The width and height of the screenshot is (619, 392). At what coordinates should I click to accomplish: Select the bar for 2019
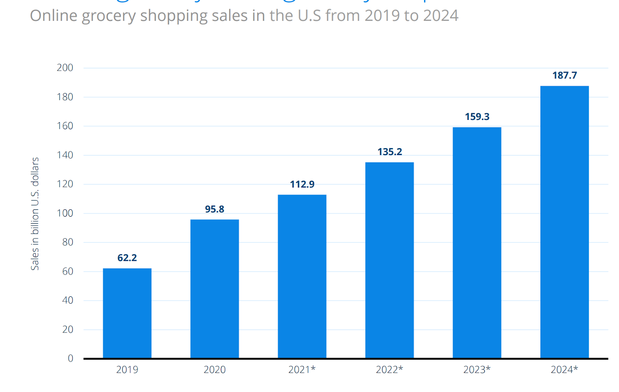[x=127, y=313]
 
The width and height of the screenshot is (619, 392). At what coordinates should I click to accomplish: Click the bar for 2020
[x=214, y=289]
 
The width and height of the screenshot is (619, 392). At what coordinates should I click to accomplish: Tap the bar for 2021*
[x=302, y=276]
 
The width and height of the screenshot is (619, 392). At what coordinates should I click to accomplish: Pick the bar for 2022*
[x=389, y=260]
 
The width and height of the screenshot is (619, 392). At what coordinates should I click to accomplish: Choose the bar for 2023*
[x=477, y=242]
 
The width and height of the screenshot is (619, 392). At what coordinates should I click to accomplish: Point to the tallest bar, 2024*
[x=564, y=222]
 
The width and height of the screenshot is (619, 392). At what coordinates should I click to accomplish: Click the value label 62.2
[x=127, y=258]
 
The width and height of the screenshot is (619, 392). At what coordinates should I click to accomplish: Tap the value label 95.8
[x=214, y=209]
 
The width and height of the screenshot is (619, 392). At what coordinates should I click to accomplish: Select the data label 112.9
[x=302, y=184]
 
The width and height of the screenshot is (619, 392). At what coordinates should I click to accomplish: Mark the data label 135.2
[x=389, y=152]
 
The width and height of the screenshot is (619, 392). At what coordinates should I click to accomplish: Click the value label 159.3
[x=477, y=117]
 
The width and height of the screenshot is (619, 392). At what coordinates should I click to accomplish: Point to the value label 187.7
[x=564, y=75]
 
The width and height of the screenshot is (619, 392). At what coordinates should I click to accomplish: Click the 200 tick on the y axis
[x=65, y=68]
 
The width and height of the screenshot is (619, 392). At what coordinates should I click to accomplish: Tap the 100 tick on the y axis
[x=65, y=213]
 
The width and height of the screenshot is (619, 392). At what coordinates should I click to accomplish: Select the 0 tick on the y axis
[x=70, y=358]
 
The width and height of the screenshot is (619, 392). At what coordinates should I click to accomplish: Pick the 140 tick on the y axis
[x=65, y=155]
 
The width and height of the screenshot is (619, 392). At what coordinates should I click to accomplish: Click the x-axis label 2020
[x=214, y=370]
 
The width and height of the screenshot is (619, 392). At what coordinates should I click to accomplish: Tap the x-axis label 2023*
[x=477, y=370]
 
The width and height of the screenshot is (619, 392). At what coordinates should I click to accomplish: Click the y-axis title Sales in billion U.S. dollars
[x=35, y=213]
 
